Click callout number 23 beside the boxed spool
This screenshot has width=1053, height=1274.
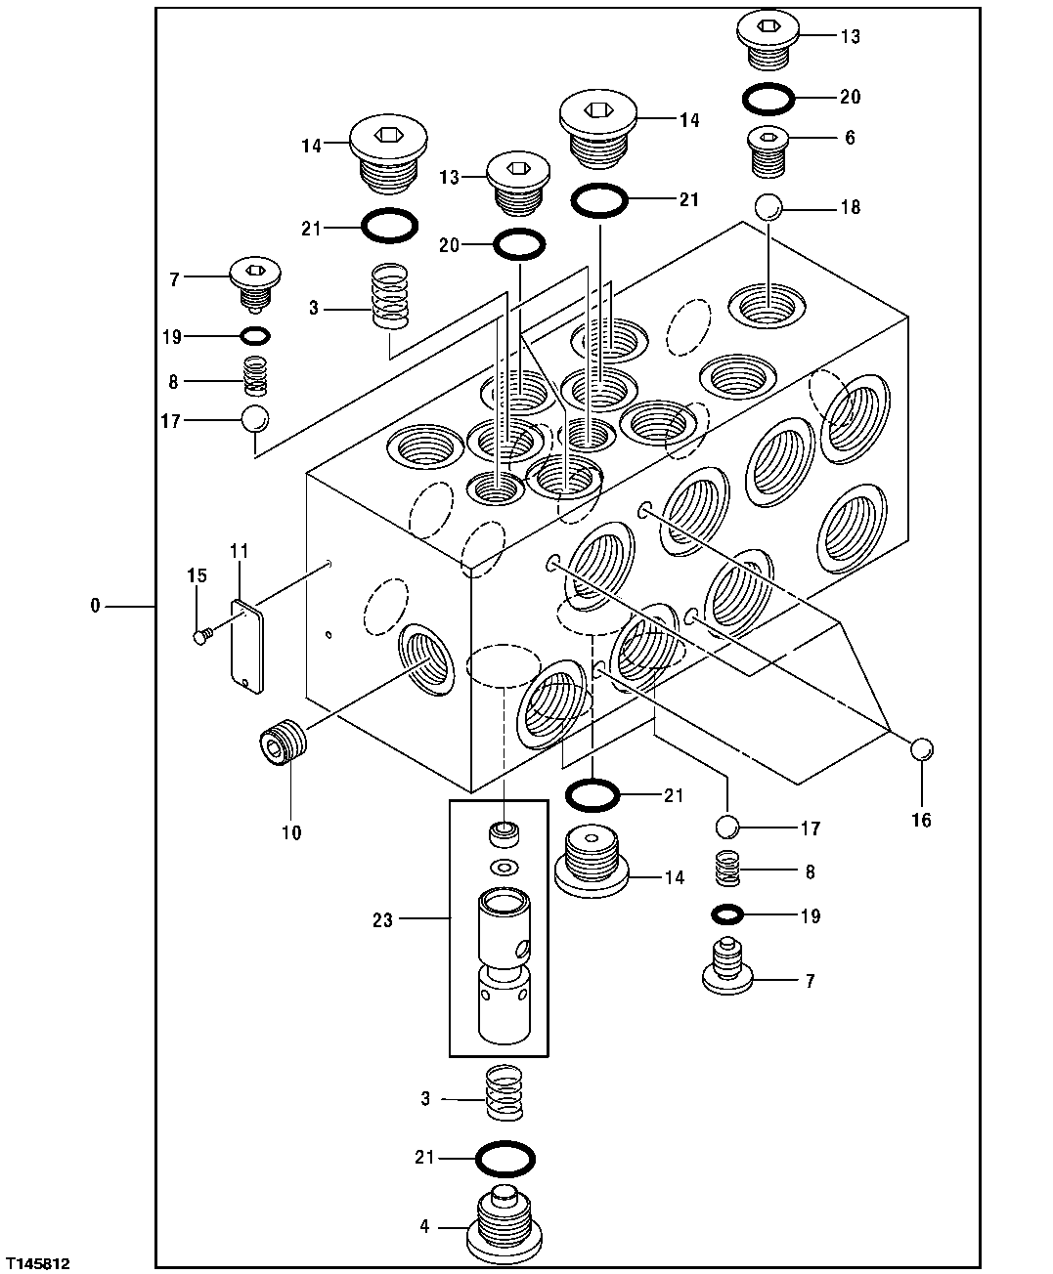[x=382, y=919]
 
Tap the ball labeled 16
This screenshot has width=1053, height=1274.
[x=921, y=749]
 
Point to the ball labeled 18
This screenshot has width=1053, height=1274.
[x=768, y=207]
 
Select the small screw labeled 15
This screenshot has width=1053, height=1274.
[x=202, y=637]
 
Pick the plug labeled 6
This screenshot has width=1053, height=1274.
[x=769, y=149]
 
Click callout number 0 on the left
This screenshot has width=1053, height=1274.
[x=95, y=607]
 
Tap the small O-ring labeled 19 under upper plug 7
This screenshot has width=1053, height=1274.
[x=255, y=336]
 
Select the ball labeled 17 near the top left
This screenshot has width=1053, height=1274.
[x=254, y=419]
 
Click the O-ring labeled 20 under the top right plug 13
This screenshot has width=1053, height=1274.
[x=768, y=97]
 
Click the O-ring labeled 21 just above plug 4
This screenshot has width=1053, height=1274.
[x=505, y=1159]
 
